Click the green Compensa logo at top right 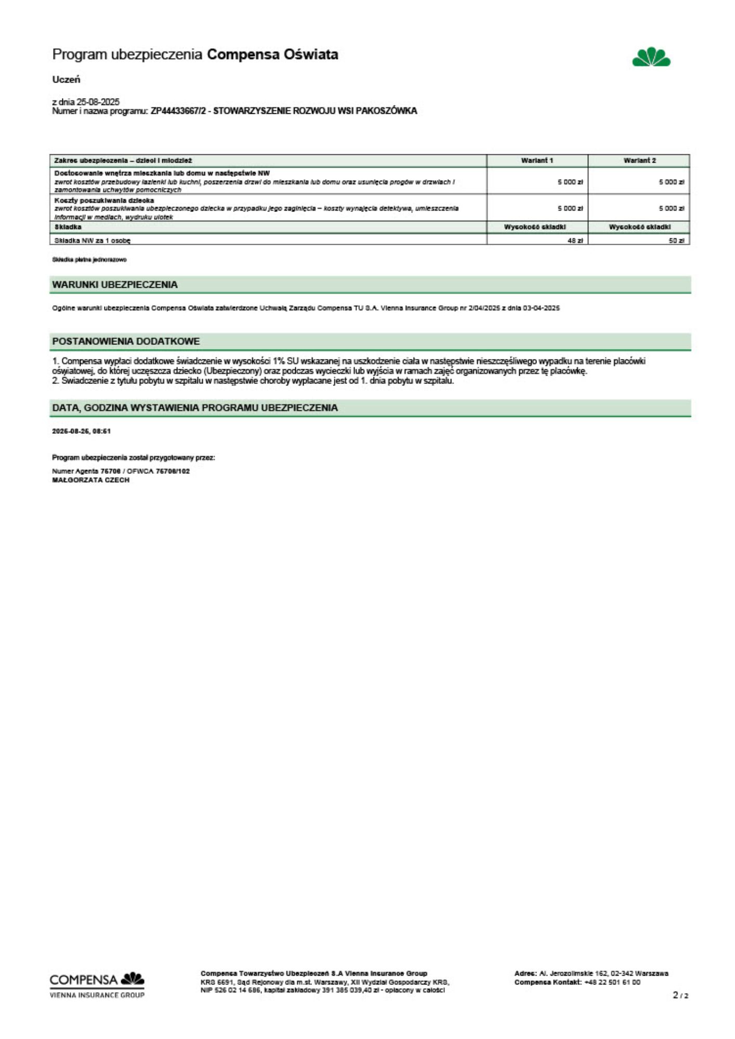pyautogui.click(x=651, y=57)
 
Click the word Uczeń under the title pyautogui.click(x=66, y=79)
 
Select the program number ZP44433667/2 pyautogui.click(x=180, y=111)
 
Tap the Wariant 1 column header pyautogui.click(x=537, y=161)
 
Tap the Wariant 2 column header pyautogui.click(x=639, y=161)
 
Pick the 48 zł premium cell pyautogui.click(x=575, y=241)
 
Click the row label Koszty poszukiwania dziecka pyautogui.click(x=104, y=200)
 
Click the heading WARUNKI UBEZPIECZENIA pyautogui.click(x=115, y=285)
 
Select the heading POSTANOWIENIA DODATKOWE pyautogui.click(x=126, y=341)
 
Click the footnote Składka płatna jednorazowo pyautogui.click(x=89, y=259)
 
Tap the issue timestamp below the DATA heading pyautogui.click(x=81, y=431)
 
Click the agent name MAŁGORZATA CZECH pyautogui.click(x=90, y=480)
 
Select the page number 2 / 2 pyautogui.click(x=680, y=995)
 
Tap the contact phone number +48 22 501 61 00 pyautogui.click(x=612, y=982)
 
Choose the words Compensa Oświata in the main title pyautogui.click(x=272, y=55)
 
